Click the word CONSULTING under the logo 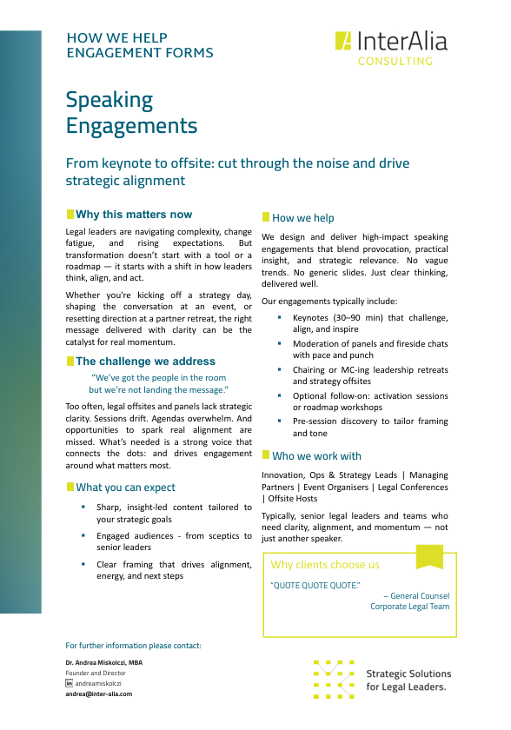tap(395, 62)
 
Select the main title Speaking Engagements tap(132, 113)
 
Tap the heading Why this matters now tap(134, 215)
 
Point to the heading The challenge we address tap(145, 362)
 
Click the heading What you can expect tap(126, 488)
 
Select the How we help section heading tap(302, 218)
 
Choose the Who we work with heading tap(316, 456)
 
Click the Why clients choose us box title tap(325, 565)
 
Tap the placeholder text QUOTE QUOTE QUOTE tap(315, 586)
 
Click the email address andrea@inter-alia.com tap(99, 694)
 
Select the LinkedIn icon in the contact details tap(70, 684)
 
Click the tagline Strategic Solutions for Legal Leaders tap(408, 680)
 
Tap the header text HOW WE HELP tap(117, 38)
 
